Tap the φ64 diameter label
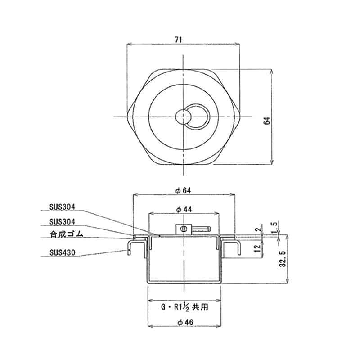(184, 190)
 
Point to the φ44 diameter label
(184, 210)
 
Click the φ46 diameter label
(184, 322)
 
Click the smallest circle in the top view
(184, 117)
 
